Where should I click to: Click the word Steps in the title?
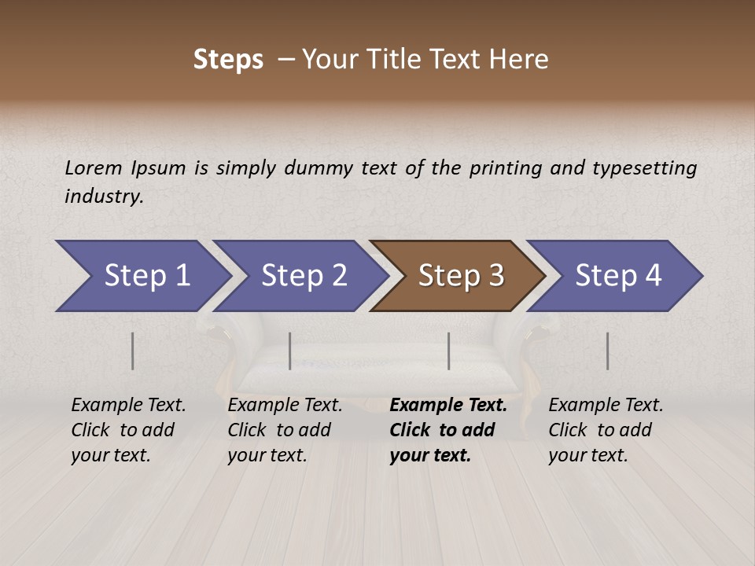228,60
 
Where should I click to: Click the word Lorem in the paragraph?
93,167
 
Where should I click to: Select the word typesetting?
644,167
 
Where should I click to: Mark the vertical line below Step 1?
133,351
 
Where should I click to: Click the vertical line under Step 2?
290,351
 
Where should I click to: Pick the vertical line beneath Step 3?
448,351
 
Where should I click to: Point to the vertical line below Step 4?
607,351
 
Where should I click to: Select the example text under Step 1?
128,430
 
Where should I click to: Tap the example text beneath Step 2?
285,430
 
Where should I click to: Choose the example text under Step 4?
606,430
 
